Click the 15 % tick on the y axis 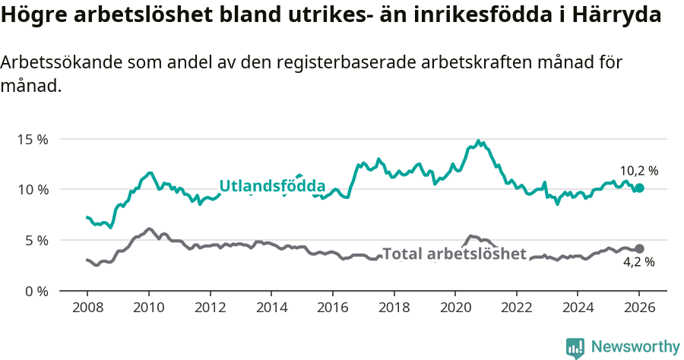coord(32,139)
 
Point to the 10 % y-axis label coord(32,189)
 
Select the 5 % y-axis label coord(36,240)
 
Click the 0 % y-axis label coord(36,291)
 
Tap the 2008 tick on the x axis coord(87,309)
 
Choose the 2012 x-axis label coord(211,309)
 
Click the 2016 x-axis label coord(333,309)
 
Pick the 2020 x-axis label coord(455,309)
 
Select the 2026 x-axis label coord(639,309)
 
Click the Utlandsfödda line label coord(272,186)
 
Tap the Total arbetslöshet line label coord(454,254)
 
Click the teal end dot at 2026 coord(639,188)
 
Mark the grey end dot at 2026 coord(639,248)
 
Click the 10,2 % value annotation coord(639,171)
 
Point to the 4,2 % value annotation coord(639,263)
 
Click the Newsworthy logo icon coord(575,347)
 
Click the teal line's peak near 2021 coord(478,141)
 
